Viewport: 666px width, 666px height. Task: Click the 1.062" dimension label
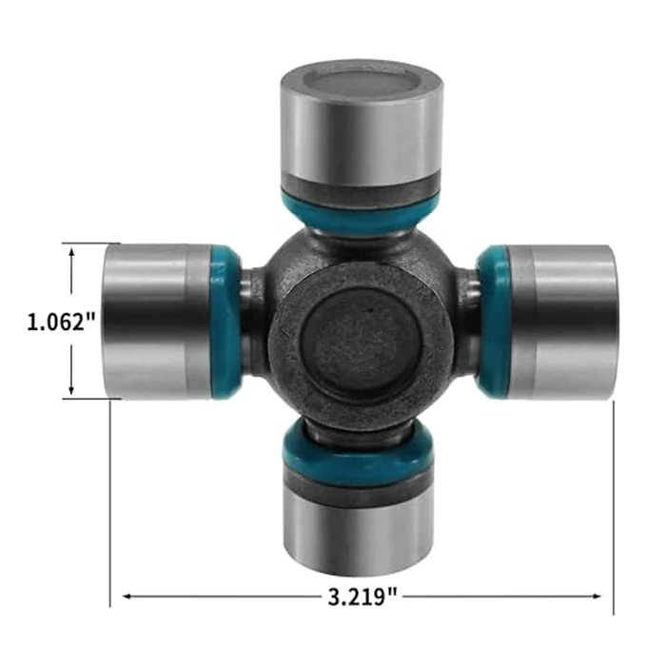(x=61, y=322)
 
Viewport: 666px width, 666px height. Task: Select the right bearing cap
(x=561, y=322)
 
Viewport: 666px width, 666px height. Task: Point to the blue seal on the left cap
(x=226, y=322)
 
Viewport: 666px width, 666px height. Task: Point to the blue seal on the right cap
(x=492, y=322)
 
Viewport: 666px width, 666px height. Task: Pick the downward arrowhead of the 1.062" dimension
(x=72, y=391)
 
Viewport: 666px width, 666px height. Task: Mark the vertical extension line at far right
(x=614, y=504)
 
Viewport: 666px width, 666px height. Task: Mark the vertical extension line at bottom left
(x=111, y=504)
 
